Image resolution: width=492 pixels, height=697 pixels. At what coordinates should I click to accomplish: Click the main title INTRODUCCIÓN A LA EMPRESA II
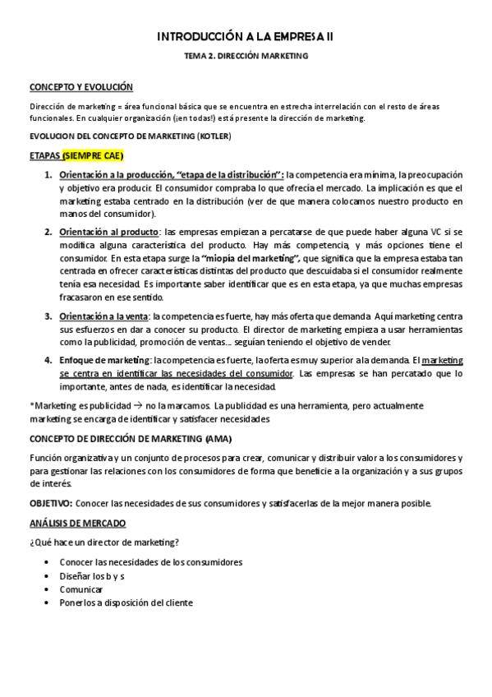(x=246, y=36)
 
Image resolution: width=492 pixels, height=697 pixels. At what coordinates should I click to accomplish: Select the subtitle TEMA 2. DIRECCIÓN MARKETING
(x=246, y=58)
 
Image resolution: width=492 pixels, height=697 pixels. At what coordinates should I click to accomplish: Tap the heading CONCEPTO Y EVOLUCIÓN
(x=81, y=86)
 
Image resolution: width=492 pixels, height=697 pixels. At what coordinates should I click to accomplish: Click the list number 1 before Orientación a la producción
(x=48, y=176)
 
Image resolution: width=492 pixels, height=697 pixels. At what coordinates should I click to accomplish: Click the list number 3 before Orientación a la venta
(x=48, y=316)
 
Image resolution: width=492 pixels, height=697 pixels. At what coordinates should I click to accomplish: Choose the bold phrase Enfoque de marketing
(x=104, y=360)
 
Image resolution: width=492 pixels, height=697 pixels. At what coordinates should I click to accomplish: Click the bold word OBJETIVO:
(x=51, y=503)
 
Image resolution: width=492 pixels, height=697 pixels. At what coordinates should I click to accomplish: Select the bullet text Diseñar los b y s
(x=92, y=576)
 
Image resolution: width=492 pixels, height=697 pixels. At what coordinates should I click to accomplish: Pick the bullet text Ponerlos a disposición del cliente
(x=126, y=602)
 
